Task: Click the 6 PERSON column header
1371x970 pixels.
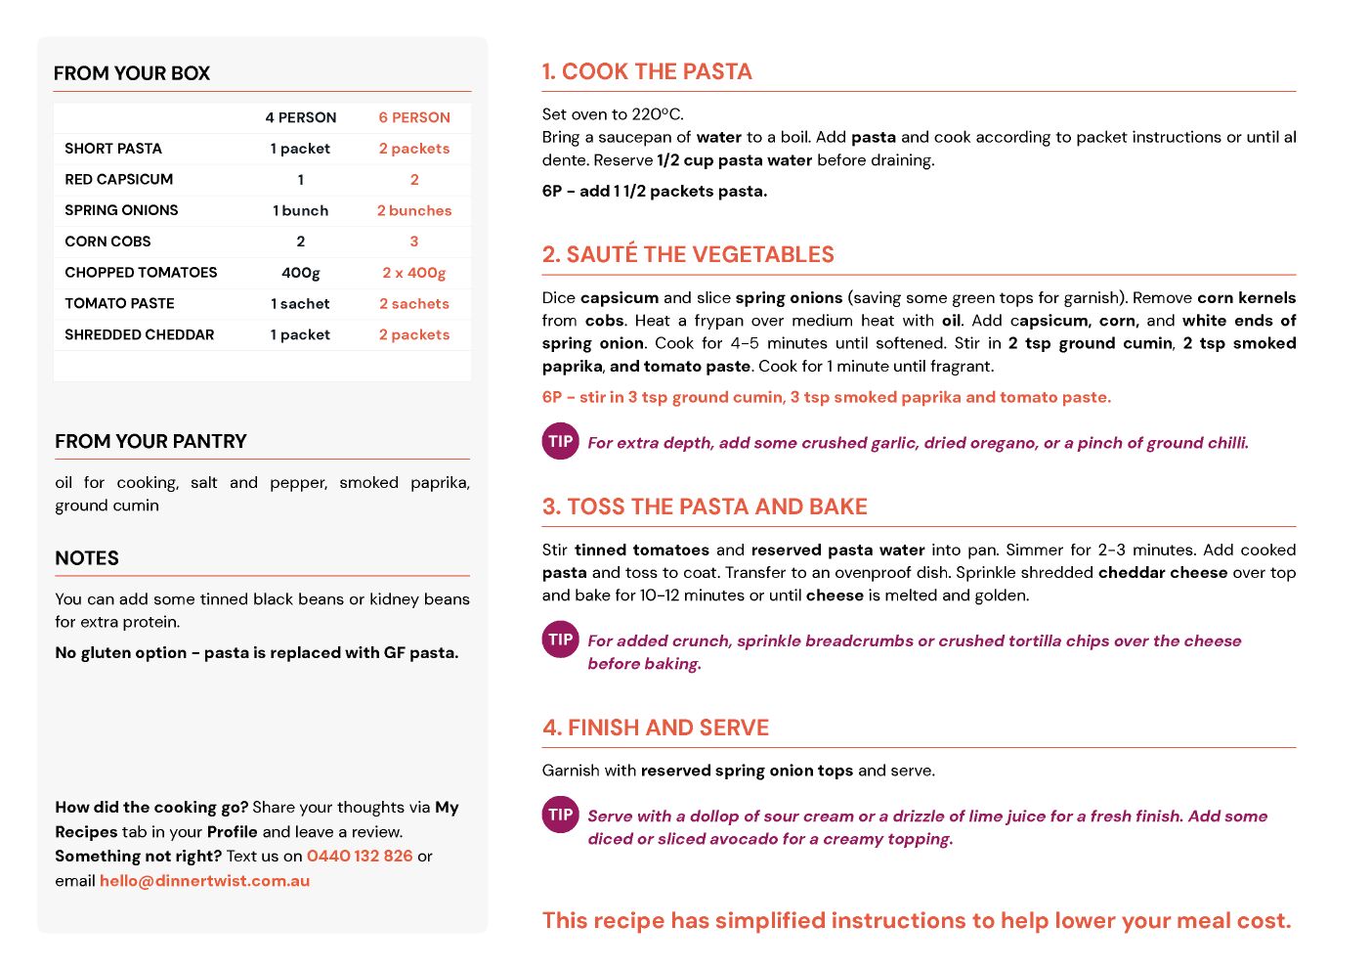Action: (414, 117)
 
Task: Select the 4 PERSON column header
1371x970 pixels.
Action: (300, 117)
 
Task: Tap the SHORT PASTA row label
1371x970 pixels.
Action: (113, 149)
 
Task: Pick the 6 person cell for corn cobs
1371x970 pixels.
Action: (414, 242)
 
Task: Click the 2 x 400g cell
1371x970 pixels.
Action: (414, 273)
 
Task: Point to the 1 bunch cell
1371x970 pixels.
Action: (300, 210)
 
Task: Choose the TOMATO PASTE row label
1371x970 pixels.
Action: (119, 304)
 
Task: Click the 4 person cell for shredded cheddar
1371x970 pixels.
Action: (300, 334)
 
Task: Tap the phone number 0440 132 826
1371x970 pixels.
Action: (360, 856)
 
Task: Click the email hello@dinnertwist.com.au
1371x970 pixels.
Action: (204, 880)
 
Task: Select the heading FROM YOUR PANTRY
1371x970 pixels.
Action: (150, 441)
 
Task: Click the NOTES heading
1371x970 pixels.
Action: (87, 558)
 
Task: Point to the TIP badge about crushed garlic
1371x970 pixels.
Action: (560, 441)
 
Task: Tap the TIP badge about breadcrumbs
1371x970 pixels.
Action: (560, 639)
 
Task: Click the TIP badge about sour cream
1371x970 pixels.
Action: (560, 815)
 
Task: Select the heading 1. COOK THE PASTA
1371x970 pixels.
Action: (647, 71)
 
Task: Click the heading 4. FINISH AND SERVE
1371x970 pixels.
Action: (655, 727)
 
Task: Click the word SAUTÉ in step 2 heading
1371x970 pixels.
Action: (602, 254)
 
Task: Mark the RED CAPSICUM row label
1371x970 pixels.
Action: (118, 180)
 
